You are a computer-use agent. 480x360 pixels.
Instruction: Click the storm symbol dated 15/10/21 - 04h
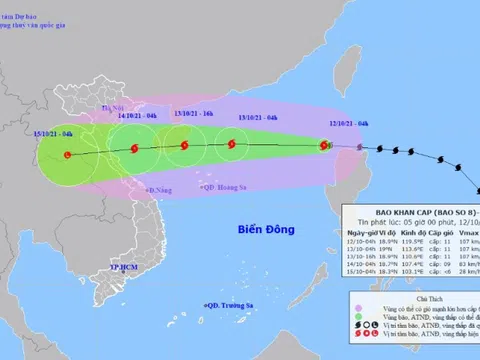click(x=67, y=155)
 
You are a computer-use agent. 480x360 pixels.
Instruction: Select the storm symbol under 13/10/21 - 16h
click(x=182, y=146)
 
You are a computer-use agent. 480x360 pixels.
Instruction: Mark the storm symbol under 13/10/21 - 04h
click(x=232, y=145)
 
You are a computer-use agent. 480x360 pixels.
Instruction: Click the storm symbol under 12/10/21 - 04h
click(x=322, y=146)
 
